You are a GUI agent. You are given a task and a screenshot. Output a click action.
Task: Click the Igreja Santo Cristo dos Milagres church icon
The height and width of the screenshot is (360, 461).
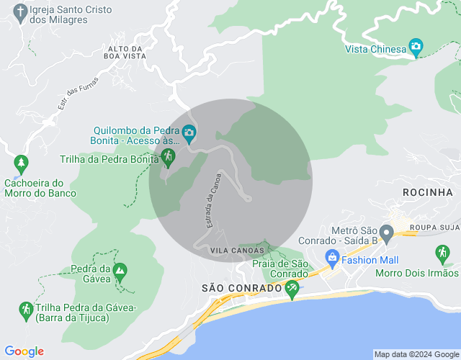pos(19,12)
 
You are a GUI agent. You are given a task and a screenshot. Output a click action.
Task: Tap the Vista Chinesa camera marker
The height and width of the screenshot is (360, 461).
pos(416,48)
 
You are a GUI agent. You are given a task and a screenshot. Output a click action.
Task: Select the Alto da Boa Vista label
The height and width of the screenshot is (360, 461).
pos(125,52)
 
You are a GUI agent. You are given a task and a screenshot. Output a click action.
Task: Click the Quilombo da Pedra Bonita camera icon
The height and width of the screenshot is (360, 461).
pos(189,132)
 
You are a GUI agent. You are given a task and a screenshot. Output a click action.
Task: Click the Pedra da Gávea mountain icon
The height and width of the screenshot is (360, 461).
pos(120,271)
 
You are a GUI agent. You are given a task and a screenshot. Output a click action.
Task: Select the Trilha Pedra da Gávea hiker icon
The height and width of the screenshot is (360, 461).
pos(26,310)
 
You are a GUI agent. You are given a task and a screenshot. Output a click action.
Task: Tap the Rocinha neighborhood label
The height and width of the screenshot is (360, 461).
pos(428,192)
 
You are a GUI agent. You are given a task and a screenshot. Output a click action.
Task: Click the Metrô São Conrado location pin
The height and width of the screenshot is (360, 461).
pos(386,233)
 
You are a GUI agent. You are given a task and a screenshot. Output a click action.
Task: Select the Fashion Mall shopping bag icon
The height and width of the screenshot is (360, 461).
pos(332,257)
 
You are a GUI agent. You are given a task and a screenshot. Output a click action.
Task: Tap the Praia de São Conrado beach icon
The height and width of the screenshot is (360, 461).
pos(292,289)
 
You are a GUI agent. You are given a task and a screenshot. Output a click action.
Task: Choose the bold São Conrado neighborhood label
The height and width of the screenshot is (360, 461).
pos(241,288)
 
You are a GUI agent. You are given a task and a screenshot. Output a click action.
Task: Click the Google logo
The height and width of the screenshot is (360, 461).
pos(24,351)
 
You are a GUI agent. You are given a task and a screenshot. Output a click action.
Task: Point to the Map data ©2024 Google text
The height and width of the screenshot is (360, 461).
pos(416,354)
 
